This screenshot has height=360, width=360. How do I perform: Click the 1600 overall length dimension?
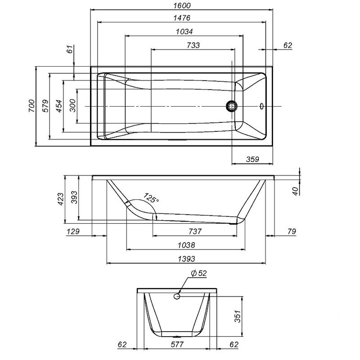point(182,5)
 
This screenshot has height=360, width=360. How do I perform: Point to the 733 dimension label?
point(192,45)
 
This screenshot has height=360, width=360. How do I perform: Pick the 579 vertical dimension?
point(45,106)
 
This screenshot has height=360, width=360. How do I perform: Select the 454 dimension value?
point(59,106)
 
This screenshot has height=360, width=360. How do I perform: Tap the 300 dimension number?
point(73,106)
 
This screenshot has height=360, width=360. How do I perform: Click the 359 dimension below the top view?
point(252,158)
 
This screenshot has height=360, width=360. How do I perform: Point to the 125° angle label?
point(151,198)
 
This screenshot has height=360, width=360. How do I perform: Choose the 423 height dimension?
point(61,198)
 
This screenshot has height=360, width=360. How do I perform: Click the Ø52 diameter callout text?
point(198,273)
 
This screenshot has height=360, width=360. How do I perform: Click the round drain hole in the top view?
point(232,106)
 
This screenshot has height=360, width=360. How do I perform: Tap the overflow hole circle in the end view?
point(177,296)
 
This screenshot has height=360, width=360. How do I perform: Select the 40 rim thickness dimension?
point(296,190)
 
